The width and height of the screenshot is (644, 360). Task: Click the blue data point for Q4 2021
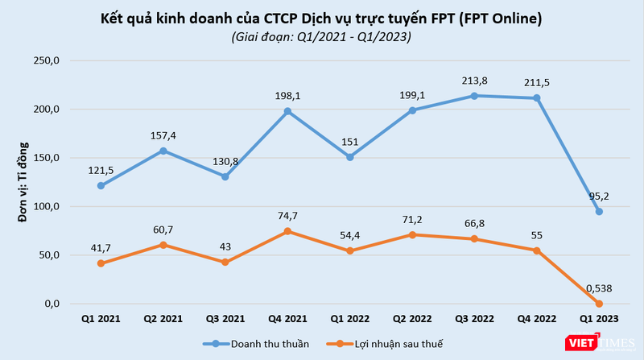pos(287,111)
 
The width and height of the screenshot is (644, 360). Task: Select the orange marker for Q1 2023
pos(599,304)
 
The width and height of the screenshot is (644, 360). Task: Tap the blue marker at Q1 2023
pos(599,211)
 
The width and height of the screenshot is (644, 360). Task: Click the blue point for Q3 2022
pos(474,96)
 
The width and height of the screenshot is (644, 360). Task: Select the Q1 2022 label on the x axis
pos(349,318)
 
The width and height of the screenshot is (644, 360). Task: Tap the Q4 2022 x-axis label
pos(536,318)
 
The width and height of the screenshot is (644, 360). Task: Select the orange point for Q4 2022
pos(536,250)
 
